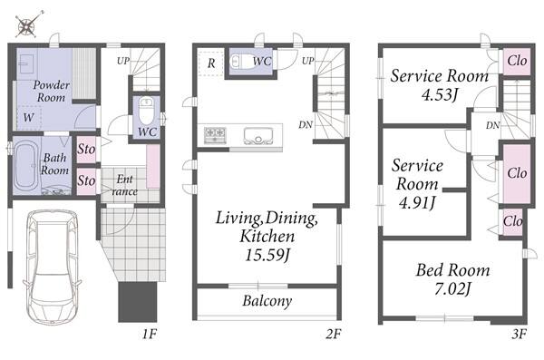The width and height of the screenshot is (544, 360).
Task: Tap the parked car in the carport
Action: pyautogui.click(x=53, y=267)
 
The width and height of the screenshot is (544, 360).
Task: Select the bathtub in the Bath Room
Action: pyautogui.click(x=26, y=166)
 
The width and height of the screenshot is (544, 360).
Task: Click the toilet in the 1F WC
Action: pyautogui.click(x=146, y=111)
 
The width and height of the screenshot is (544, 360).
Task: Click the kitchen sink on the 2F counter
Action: pyautogui.click(x=258, y=136)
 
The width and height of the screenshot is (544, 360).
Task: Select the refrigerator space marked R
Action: pyautogui.click(x=211, y=63)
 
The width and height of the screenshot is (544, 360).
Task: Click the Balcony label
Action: pyautogui.click(x=267, y=301)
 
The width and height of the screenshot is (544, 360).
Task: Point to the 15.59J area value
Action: pyautogui.click(x=267, y=255)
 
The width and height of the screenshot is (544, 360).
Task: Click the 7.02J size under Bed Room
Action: pyautogui.click(x=452, y=288)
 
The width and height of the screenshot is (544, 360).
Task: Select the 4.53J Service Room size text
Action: pyautogui.click(x=440, y=94)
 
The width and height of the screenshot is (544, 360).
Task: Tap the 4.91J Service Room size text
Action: pyautogui.click(x=417, y=202)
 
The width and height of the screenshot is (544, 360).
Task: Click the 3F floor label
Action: pyautogui.click(x=519, y=334)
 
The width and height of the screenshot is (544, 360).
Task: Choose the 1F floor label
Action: pyautogui.click(x=150, y=334)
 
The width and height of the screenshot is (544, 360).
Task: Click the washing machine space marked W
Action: pyautogui.click(x=29, y=117)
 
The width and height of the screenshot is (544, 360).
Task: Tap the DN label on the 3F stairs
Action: pyautogui.click(x=492, y=125)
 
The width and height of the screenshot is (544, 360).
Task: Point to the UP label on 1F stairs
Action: pyautogui.click(x=122, y=61)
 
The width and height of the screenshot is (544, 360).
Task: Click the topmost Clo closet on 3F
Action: pyautogui.click(x=517, y=61)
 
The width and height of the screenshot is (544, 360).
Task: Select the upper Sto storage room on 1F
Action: pyautogui.click(x=86, y=150)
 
